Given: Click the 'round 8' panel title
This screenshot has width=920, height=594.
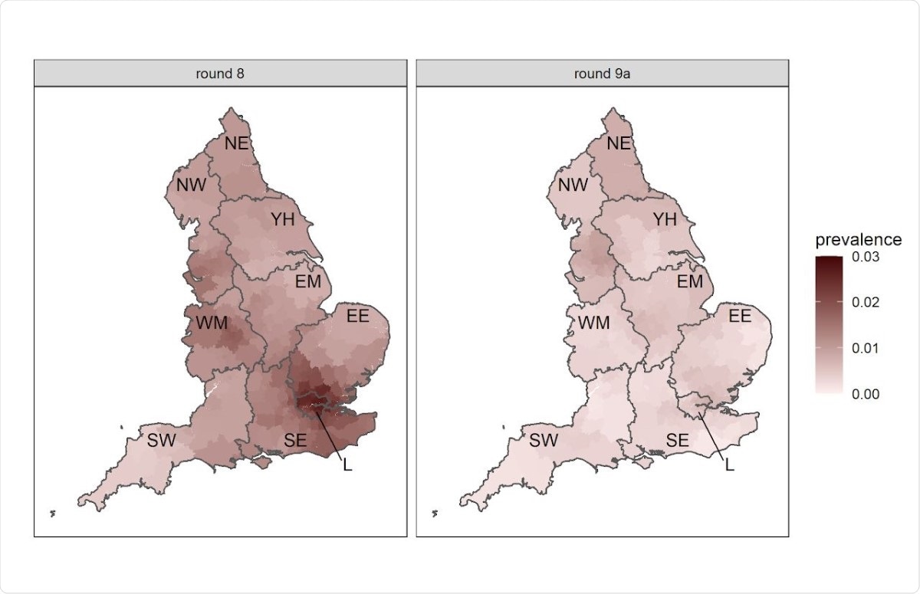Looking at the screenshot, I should [x=220, y=74].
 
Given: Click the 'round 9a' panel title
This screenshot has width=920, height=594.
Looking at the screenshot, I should [x=602, y=74].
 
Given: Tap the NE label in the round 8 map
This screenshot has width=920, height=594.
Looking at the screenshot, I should [x=237, y=143].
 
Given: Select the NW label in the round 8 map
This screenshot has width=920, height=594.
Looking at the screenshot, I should [x=191, y=185].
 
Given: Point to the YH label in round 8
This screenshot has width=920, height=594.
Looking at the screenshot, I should [x=282, y=220].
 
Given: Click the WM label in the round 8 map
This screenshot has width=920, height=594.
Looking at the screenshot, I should [x=212, y=323].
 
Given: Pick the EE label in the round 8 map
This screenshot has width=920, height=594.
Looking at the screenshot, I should [x=358, y=316].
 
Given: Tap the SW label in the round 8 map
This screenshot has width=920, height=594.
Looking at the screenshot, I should [x=163, y=441].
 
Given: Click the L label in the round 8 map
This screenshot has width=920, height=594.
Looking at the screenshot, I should [x=347, y=465].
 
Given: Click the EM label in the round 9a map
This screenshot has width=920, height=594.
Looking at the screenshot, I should [x=689, y=281].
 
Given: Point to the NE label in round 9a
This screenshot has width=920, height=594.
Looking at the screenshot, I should [x=619, y=143].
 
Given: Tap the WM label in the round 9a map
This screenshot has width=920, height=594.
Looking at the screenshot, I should [x=593, y=323].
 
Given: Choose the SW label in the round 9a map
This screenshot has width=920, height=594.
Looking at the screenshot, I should [x=544, y=441].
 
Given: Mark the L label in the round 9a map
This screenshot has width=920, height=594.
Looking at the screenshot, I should [x=729, y=465].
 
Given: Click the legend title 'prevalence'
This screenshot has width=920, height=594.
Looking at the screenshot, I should [x=858, y=240].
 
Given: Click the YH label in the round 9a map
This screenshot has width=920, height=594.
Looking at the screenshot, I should [x=664, y=220].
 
